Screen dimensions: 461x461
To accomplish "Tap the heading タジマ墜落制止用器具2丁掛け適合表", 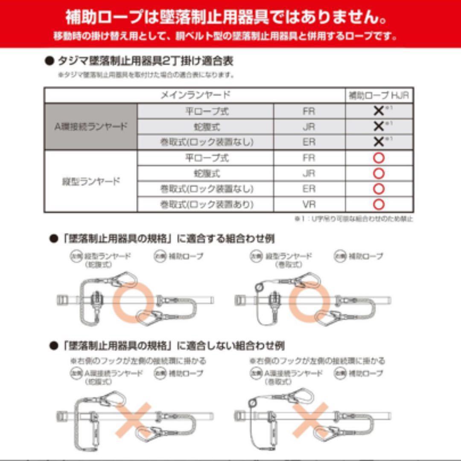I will pos(145,61).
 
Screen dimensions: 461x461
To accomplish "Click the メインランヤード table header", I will pos(195,95).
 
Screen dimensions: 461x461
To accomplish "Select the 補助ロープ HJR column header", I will pos(379,95).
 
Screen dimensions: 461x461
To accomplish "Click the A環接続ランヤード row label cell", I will pos(91,127).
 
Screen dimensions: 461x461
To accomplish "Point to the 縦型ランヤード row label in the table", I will pos(91,181).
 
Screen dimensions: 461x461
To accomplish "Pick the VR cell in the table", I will pos(309,205).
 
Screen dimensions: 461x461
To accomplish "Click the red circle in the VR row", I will pos(379,205).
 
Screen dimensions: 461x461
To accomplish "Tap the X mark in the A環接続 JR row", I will pos(379,126).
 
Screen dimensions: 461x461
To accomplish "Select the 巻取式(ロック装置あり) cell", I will pos(207,205).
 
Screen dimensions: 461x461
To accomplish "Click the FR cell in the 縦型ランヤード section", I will pos(309,158).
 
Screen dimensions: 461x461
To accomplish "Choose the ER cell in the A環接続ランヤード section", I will pos(309,142).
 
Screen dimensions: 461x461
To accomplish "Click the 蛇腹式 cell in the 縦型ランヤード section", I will pos(207,174).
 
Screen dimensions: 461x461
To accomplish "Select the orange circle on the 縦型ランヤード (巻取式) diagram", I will pos(310,301).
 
